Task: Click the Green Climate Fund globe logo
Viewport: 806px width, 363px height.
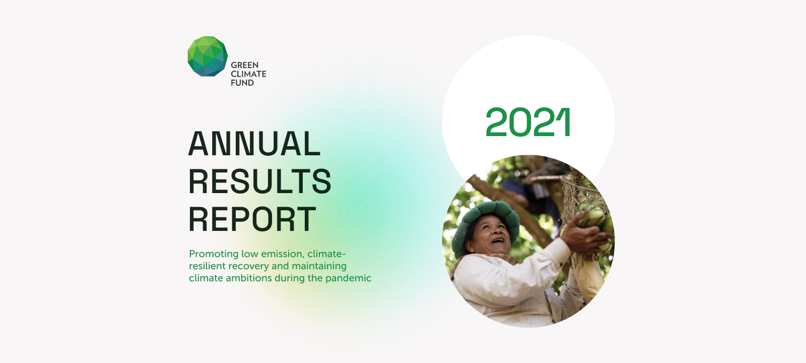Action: (x=208, y=56)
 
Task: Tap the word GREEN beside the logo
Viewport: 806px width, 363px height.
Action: (x=245, y=65)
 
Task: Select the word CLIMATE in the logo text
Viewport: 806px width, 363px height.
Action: (x=249, y=74)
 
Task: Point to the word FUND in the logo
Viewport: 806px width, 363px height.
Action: (x=242, y=83)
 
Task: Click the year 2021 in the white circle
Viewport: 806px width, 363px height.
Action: (x=528, y=122)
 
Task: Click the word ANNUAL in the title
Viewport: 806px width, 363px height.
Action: (x=254, y=143)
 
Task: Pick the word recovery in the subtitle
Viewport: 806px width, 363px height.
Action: (x=249, y=267)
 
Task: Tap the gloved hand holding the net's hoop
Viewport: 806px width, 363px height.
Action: (x=544, y=173)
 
